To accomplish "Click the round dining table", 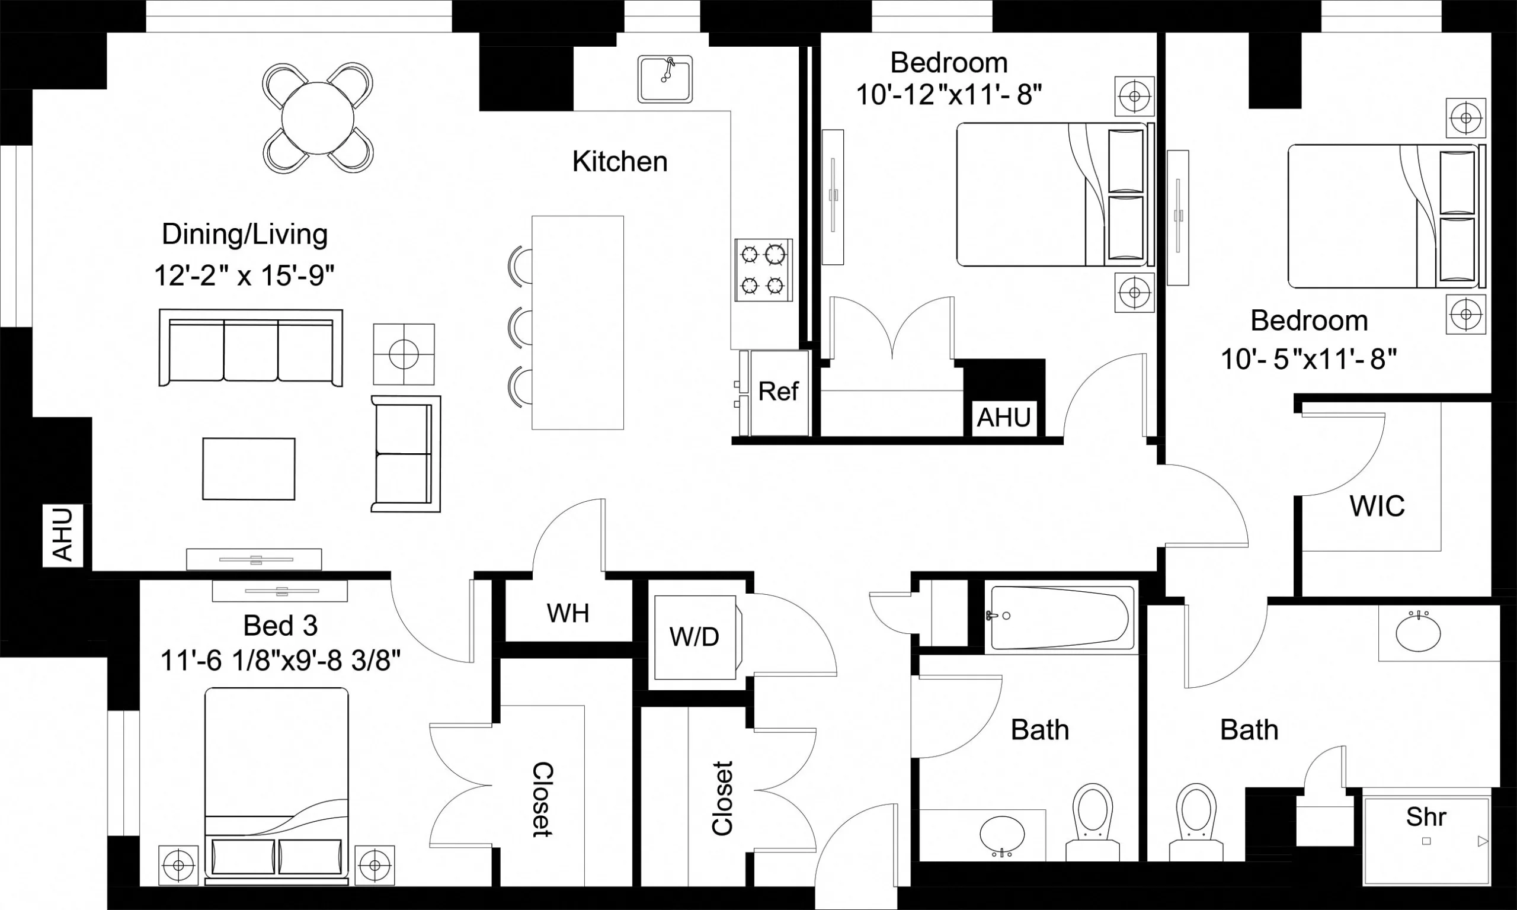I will [x=318, y=118].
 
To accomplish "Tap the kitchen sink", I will [x=665, y=80].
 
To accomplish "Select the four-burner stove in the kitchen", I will [x=763, y=270].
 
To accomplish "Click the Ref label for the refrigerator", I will [x=778, y=391].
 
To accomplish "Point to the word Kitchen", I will [x=619, y=161].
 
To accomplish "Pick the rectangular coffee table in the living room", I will [x=248, y=469].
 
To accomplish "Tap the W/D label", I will [x=694, y=637].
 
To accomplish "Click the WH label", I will [x=568, y=613].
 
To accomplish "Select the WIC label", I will [x=1377, y=506].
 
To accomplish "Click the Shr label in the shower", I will [x=1426, y=817].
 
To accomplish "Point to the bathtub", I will [x=1060, y=617].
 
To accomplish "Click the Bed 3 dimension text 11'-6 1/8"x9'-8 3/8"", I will [x=280, y=662].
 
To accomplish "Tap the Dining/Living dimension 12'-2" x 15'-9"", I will [x=244, y=275].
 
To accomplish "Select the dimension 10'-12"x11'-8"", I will [x=949, y=95].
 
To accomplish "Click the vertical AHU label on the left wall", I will [x=63, y=534].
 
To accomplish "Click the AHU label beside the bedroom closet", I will [x=1003, y=418].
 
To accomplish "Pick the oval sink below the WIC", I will [x=1418, y=633].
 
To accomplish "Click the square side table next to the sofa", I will [x=404, y=354].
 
